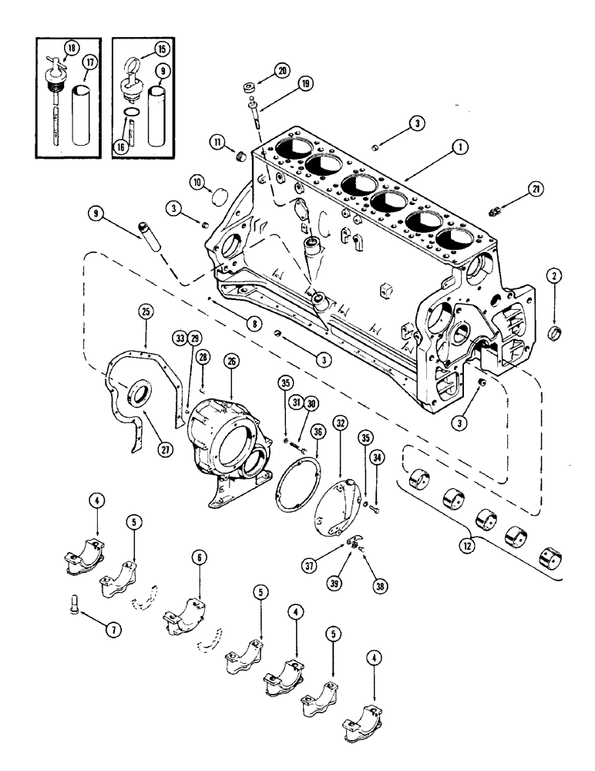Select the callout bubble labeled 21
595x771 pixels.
[x=557, y=189]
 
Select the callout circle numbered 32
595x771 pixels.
[x=340, y=423]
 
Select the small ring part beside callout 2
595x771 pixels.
[x=553, y=333]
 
